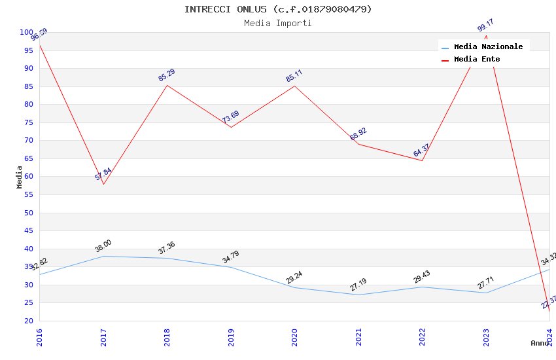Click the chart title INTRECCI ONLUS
[278, 9]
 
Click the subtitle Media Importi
[278, 23]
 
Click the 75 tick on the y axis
[28, 122]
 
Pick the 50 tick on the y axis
[28, 213]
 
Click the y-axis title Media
[20, 177]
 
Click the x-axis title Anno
[540, 343]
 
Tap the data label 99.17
[485, 26]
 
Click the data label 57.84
[103, 174]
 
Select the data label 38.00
[103, 246]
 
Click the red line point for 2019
[231, 127]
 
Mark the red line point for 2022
[422, 161]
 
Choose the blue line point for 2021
[358, 295]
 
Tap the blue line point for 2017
[103, 256]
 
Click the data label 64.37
[421, 151]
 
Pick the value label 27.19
[358, 285]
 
